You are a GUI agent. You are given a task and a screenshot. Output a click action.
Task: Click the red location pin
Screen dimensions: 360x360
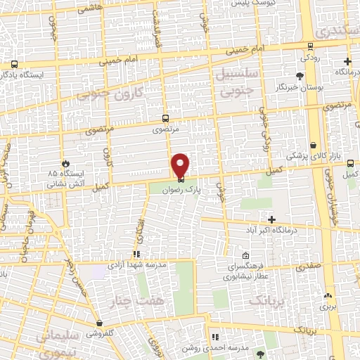tap(181, 165)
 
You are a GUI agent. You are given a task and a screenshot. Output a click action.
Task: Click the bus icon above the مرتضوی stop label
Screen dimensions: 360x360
tap(165, 118)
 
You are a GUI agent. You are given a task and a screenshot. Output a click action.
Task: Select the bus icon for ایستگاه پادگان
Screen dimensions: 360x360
tap(14, 63)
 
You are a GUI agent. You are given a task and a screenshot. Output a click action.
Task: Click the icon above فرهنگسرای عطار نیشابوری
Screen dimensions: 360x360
tap(245, 255)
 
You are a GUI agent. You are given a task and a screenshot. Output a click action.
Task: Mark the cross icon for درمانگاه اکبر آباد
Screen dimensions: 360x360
tap(272, 219)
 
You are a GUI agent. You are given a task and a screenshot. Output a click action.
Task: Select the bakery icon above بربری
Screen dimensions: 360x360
tap(328, 295)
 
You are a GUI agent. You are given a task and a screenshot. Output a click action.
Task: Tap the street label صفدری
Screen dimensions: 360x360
tap(309, 266)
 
